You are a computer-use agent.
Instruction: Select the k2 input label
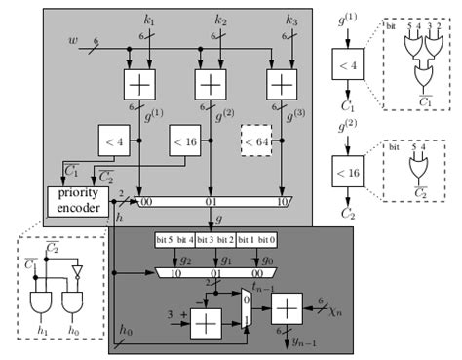220,20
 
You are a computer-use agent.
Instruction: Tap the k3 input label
291,20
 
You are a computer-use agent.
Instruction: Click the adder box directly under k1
137,85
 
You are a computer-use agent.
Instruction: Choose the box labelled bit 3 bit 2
216,238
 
